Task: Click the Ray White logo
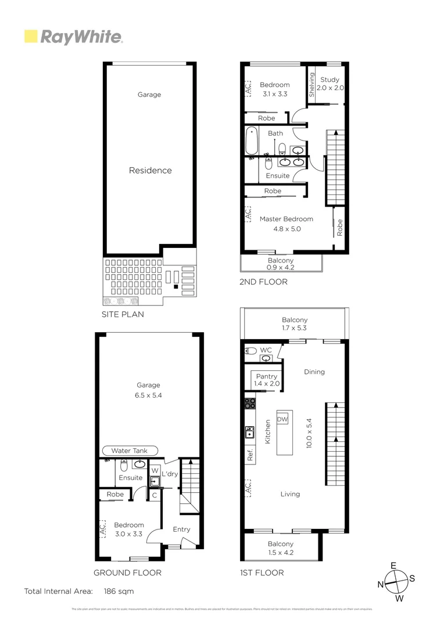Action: click(x=73, y=37)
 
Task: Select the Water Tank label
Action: click(x=129, y=451)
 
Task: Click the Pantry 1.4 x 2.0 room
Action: click(x=267, y=380)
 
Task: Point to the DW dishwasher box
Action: click(x=283, y=420)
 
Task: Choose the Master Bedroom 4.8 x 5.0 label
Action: click(x=286, y=224)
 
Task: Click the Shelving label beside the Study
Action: click(x=312, y=84)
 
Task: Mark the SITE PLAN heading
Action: click(x=123, y=314)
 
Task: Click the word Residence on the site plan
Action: click(x=150, y=171)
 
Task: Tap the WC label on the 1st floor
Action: click(x=266, y=350)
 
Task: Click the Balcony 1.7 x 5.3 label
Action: click(x=295, y=324)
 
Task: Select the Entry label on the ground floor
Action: click(x=181, y=529)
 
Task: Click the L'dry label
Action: click(x=169, y=474)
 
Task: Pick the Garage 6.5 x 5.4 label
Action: click(x=148, y=390)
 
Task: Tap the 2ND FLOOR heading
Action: click(x=263, y=282)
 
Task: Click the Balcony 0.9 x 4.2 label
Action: click(x=280, y=264)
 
